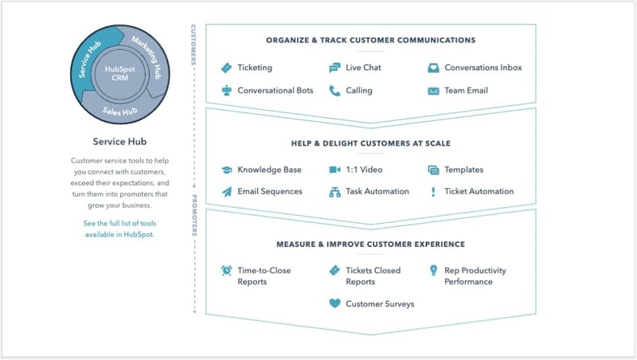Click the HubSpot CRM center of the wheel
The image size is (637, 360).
(120, 73)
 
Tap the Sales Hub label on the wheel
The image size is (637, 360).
(120, 111)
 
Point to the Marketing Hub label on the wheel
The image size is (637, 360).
(147, 57)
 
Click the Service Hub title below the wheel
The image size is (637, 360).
(119, 142)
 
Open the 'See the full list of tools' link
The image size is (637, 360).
(120, 229)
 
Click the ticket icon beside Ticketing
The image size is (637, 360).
(226, 68)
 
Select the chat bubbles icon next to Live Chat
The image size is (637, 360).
(334, 68)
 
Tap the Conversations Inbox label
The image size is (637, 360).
(483, 68)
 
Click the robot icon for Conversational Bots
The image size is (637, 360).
(226, 90)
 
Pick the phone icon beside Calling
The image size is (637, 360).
(334, 91)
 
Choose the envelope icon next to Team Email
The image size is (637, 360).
(433, 91)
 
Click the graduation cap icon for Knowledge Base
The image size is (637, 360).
(226, 170)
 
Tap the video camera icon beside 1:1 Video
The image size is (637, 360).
(334, 170)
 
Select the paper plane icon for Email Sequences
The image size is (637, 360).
(227, 191)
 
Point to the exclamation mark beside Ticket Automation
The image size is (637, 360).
(433, 192)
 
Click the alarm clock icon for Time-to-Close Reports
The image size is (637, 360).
(226, 270)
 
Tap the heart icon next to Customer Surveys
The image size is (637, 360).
(334, 303)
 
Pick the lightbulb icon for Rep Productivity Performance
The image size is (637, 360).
(433, 270)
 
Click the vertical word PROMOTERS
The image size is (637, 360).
(194, 215)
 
